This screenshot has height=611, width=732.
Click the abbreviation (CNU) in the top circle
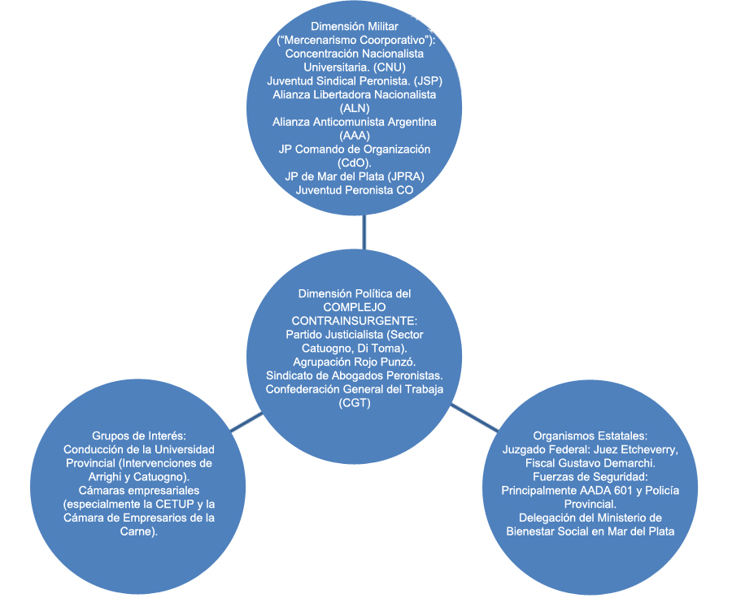click(x=390, y=67)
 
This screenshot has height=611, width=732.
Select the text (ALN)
click(x=355, y=108)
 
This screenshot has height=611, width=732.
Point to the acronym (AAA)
click(x=355, y=135)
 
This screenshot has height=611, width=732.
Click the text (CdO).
click(x=355, y=162)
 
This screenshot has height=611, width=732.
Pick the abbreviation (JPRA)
click(x=408, y=176)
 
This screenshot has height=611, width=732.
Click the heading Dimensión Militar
click(x=355, y=27)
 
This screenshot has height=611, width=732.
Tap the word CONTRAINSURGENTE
click(x=355, y=321)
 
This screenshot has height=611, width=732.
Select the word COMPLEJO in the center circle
click(x=355, y=307)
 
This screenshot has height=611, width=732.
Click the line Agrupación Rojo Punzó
click(x=355, y=362)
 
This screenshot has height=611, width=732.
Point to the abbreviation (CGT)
click(x=355, y=402)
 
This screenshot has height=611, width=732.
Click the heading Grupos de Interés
click(x=139, y=435)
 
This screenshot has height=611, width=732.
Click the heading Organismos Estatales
click(x=590, y=435)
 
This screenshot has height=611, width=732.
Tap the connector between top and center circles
click(x=364, y=232)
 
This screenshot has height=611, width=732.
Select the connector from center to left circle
click(x=246, y=422)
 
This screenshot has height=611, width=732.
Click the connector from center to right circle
click(x=474, y=418)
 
